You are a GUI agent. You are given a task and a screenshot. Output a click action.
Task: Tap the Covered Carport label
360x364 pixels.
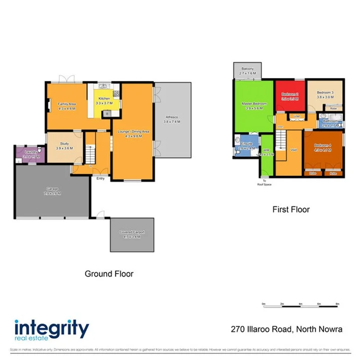coord(130,234)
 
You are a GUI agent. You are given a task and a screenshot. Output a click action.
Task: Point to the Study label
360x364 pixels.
coord(64,145)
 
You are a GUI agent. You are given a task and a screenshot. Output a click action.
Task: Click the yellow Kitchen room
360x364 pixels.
coord(103,101)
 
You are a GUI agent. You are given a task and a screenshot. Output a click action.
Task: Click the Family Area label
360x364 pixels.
coord(66,106)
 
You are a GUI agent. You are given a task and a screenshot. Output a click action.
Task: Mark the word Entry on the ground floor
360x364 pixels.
coord(100,178)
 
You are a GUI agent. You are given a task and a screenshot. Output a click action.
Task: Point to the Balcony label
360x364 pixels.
coord(248,71)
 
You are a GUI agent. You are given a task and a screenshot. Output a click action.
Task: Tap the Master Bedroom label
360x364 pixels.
coord(254,106)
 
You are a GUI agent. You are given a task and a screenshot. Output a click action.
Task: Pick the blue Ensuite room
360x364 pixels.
coord(246,146)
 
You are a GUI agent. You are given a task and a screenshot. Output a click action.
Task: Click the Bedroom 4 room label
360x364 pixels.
coord(323,149)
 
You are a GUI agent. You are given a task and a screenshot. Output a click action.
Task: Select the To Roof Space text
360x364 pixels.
coord(264,183)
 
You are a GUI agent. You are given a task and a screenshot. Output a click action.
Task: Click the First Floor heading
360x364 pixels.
coord(291,209)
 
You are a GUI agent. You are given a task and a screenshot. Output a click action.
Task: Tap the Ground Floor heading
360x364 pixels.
coord(109,273)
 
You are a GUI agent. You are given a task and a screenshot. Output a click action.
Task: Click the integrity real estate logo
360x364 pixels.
coord(51,330)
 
